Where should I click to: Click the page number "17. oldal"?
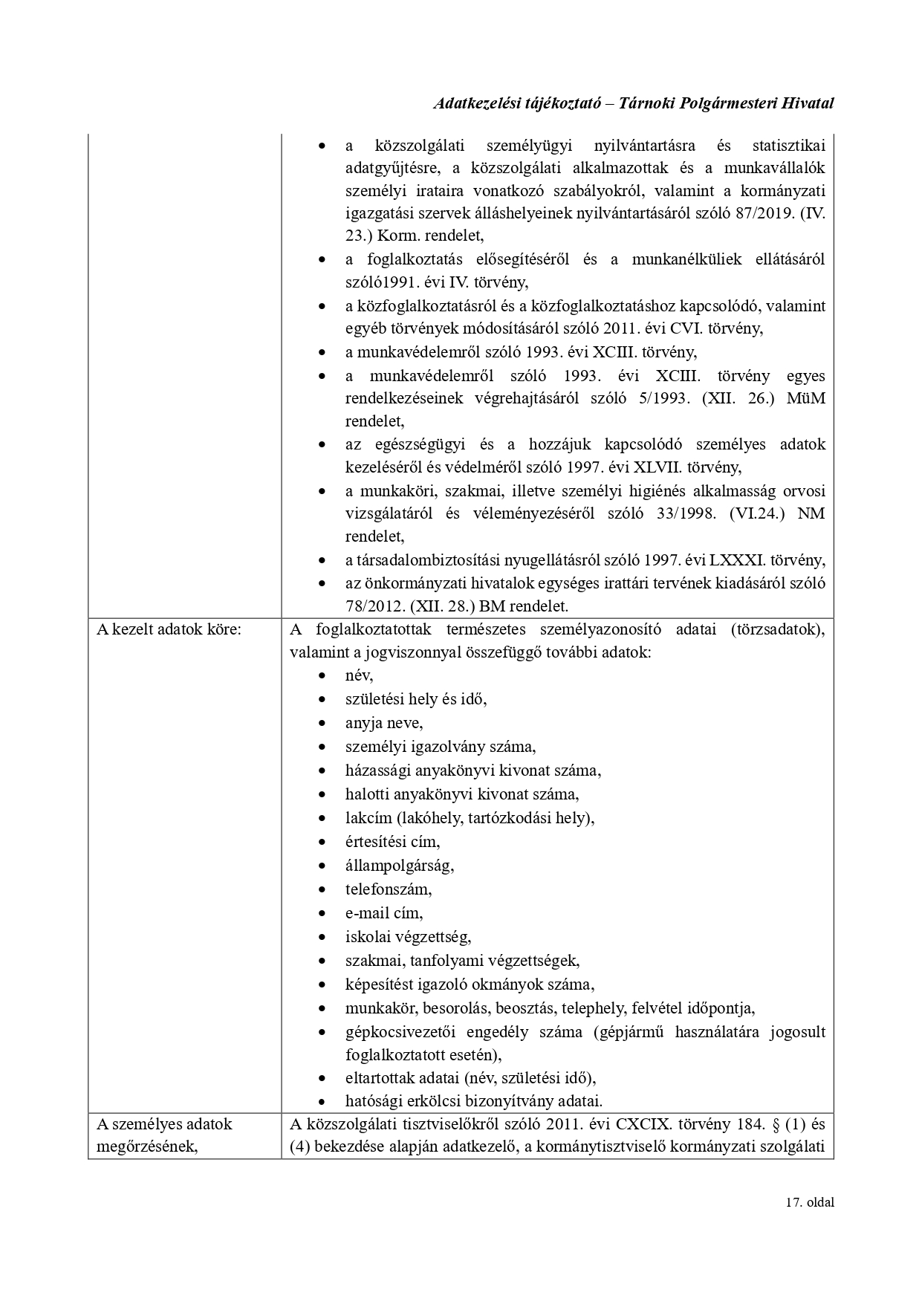(x=809, y=1202)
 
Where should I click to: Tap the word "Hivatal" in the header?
(x=807, y=103)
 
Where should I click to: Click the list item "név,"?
(x=359, y=675)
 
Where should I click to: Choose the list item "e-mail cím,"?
(x=383, y=912)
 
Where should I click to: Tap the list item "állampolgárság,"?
(x=399, y=866)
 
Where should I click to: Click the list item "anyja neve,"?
(x=383, y=723)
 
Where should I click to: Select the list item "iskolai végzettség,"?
(x=408, y=936)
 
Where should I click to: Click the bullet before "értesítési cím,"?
(x=322, y=842)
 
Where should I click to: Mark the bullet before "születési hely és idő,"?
(x=322, y=699)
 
